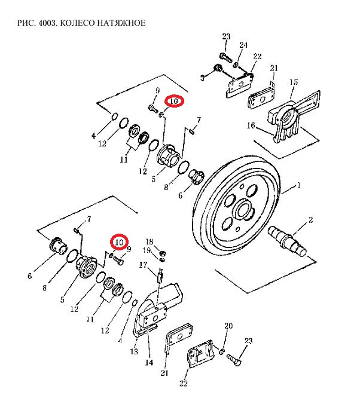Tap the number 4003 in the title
coord(48,23)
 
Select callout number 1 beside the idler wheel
coord(299,186)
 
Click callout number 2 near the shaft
coord(310,220)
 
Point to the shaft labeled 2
coord(288,241)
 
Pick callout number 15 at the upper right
coord(294,82)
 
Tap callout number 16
coord(251,125)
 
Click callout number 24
coord(243,45)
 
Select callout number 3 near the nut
coord(203,78)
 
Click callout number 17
coord(143,265)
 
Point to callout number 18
coord(150,241)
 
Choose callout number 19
coord(147,250)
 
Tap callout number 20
coord(228,326)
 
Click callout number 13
coord(134,351)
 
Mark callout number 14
coord(149,363)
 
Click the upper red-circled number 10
coord(174,101)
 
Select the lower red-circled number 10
coord(119,243)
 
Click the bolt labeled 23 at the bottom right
coord(234,359)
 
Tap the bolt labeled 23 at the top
coord(226,58)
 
